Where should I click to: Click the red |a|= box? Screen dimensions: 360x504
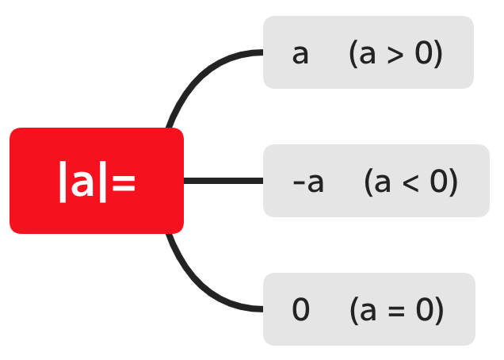97,181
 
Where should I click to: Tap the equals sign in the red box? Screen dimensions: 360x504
123,182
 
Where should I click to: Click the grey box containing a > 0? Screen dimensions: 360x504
368,52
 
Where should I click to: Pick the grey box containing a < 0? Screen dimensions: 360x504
376,181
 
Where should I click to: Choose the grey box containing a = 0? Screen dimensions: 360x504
368,309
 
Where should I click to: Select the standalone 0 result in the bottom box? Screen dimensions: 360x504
300,310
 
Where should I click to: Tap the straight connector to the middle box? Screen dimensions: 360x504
223,181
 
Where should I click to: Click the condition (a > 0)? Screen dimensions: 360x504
395,54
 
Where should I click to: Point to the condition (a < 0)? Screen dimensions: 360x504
411,182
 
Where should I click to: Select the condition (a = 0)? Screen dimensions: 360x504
396,310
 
